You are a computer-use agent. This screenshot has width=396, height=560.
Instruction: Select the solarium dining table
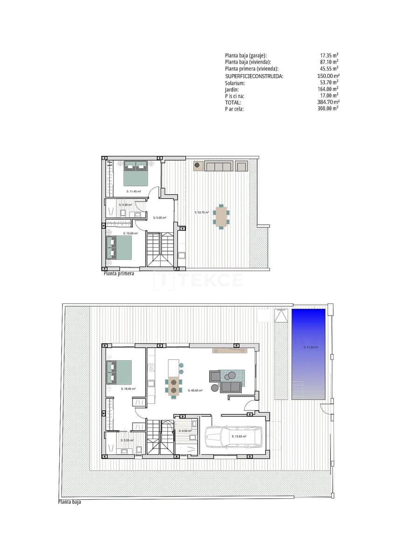[221, 216]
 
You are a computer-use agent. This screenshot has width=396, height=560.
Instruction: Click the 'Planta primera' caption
[119, 274]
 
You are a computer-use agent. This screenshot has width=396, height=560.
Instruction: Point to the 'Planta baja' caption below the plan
[72, 503]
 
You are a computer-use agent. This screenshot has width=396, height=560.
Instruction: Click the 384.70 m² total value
[328, 102]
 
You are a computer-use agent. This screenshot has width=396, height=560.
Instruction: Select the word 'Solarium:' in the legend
[235, 83]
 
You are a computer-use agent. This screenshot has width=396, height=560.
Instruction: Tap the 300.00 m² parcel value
[328, 108]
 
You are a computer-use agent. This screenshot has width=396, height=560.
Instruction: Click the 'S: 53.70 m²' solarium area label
[202, 212]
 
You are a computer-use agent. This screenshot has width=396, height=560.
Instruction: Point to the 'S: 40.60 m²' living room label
[195, 391]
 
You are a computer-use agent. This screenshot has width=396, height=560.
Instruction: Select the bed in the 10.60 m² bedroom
[120, 247]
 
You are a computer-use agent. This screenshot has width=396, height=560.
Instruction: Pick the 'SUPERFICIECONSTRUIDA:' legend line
[254, 76]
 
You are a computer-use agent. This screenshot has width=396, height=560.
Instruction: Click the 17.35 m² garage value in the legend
[329, 55]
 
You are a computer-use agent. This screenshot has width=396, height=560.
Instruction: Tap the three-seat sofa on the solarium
[219, 166]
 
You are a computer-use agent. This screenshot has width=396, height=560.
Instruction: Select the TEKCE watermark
[198, 280]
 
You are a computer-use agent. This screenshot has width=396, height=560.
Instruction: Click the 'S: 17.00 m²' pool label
[311, 347]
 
